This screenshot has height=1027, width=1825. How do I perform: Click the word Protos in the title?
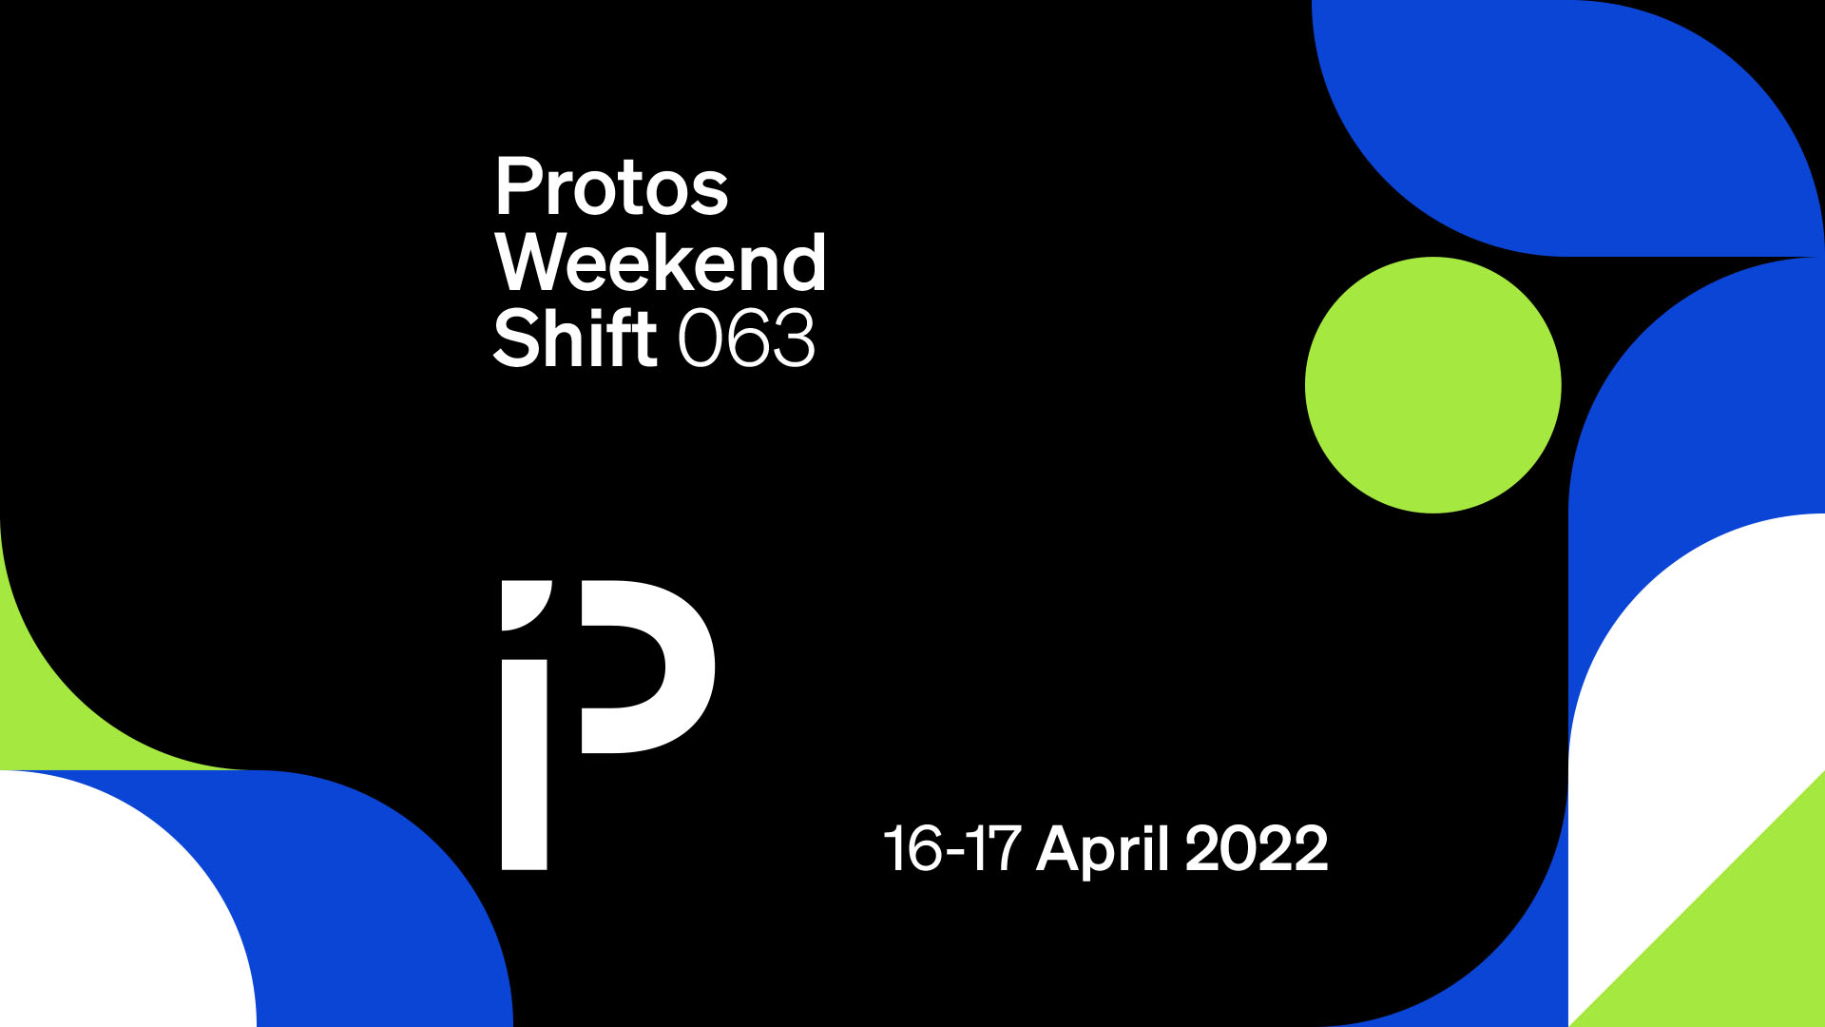(612, 187)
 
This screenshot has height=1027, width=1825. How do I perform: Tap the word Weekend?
(661, 262)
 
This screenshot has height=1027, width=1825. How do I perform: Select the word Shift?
(575, 338)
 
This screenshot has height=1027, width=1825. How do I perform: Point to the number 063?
(747, 339)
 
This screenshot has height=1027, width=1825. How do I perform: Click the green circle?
(1433, 385)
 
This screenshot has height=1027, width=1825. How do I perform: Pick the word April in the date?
(1103, 848)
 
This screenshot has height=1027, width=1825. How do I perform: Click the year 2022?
(1257, 848)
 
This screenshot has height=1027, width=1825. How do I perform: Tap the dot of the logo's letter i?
(525, 605)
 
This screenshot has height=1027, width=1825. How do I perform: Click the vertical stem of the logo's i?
(525, 765)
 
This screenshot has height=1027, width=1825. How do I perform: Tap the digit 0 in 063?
(701, 339)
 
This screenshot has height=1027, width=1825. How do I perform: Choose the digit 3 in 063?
(794, 339)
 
